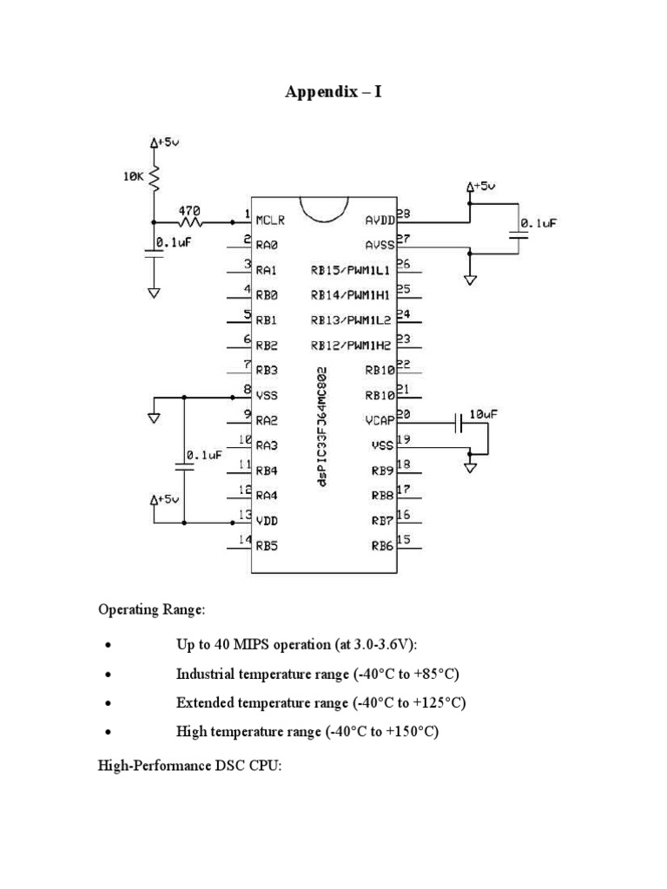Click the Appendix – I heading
[x=333, y=91]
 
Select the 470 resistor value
[x=189, y=210]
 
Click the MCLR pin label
[x=270, y=220]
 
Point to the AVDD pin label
[x=380, y=220]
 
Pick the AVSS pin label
[x=380, y=245]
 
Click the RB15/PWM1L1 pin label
[x=352, y=270]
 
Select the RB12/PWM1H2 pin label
[x=352, y=345]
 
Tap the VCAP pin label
[x=380, y=421]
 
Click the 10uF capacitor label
[x=484, y=415]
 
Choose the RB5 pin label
[x=266, y=546]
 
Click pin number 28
[x=404, y=213]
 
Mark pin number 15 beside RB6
[x=404, y=539]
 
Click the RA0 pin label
[x=266, y=245]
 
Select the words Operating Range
[x=151, y=610]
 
